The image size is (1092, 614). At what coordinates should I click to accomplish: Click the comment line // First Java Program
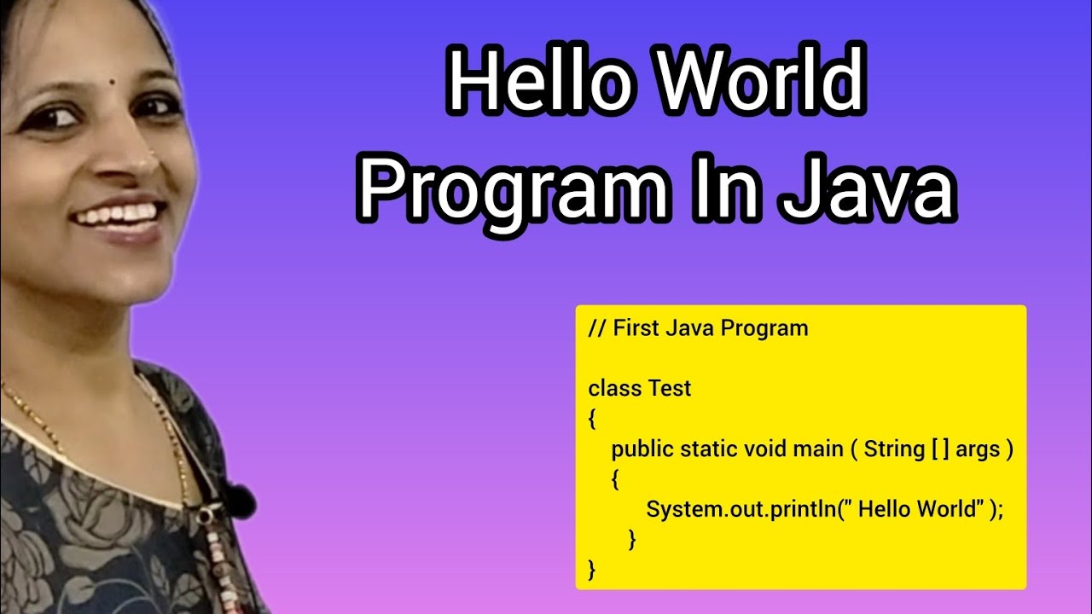click(698, 328)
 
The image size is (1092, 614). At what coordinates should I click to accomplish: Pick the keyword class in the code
click(614, 389)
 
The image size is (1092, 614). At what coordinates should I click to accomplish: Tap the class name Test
click(670, 389)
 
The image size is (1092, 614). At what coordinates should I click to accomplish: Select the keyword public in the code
click(642, 449)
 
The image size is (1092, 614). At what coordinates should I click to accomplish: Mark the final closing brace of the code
click(592, 569)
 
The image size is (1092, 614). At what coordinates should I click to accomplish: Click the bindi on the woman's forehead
click(113, 84)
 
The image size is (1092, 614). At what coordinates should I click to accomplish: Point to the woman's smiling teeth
click(119, 212)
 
